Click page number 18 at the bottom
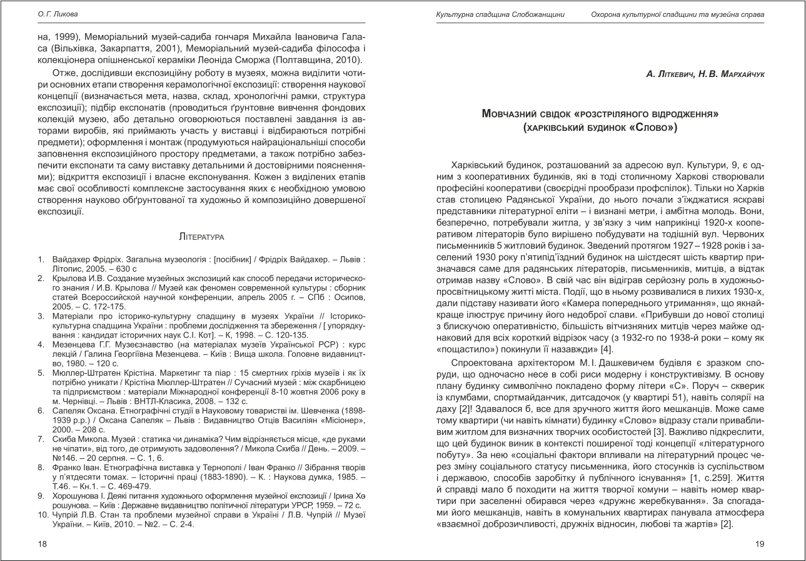(43, 544)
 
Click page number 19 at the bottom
(760, 544)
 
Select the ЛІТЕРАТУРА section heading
(201, 237)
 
